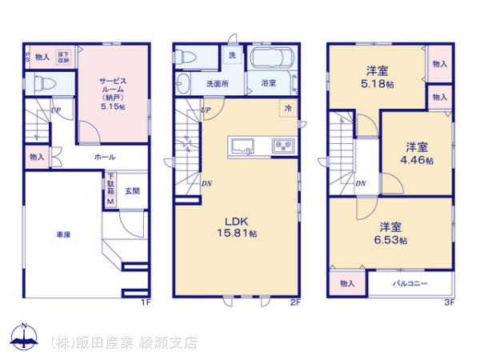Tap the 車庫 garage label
click(x=64, y=235)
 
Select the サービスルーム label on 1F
click(x=112, y=94)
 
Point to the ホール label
click(x=105, y=157)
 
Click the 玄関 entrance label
click(x=133, y=191)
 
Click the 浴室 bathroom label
click(x=268, y=83)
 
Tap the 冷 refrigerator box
click(x=286, y=108)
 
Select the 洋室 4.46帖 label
click(x=417, y=153)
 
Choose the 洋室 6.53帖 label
click(x=392, y=232)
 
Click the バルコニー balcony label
click(x=410, y=284)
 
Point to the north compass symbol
click(x=25, y=337)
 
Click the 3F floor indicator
click(x=449, y=302)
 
